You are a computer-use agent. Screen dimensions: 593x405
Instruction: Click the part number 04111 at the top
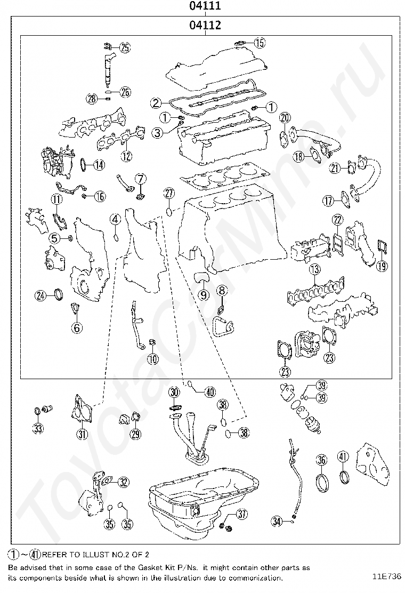[x=205, y=6]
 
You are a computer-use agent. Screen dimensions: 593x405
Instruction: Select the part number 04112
[x=205, y=25]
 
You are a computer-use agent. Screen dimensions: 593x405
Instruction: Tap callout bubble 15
[x=259, y=43]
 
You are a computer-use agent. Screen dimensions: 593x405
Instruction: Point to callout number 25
[x=124, y=48]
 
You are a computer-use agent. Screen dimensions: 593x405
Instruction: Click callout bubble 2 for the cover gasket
[x=156, y=102]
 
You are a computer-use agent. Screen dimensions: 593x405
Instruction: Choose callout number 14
[x=99, y=165]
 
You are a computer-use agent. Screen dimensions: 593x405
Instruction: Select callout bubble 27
[x=168, y=194]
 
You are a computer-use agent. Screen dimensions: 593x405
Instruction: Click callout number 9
[x=203, y=294]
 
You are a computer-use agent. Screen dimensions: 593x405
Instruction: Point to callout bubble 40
[x=209, y=392]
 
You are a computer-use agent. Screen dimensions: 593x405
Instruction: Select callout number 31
[x=81, y=434]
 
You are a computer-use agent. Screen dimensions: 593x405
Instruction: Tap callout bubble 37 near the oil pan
[x=242, y=514]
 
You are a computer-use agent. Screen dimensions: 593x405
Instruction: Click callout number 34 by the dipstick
[x=276, y=522]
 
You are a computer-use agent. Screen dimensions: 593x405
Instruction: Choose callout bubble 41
[x=343, y=457]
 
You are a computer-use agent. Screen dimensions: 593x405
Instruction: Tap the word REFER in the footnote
[x=55, y=555]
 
